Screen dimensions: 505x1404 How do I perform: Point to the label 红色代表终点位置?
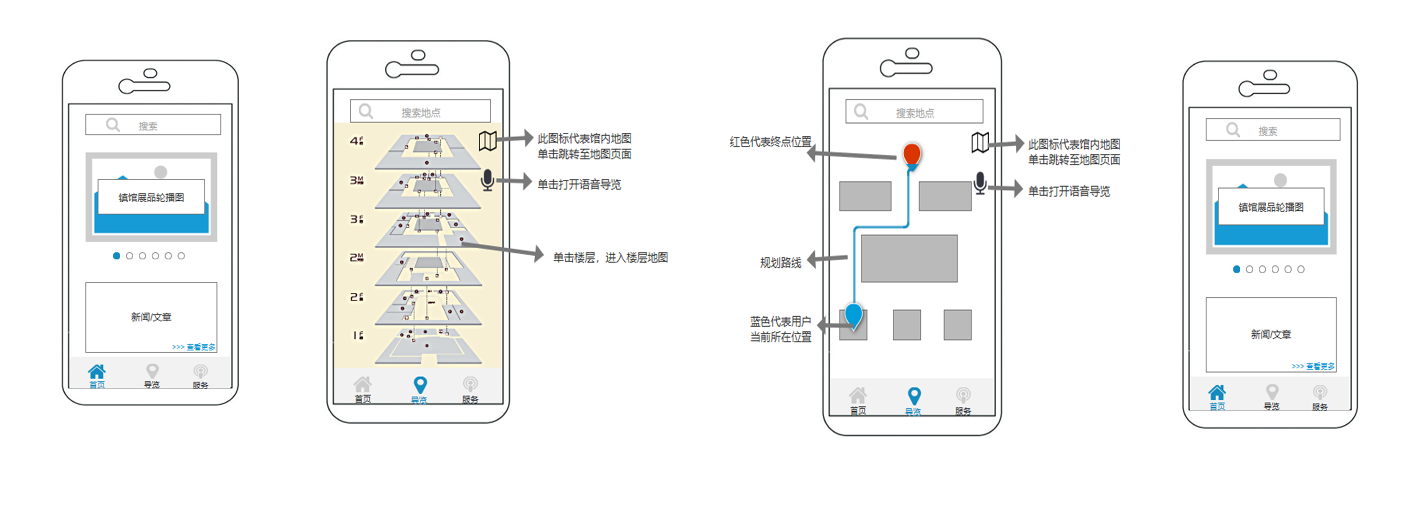tap(770, 142)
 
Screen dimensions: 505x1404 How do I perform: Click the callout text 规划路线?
tap(780, 262)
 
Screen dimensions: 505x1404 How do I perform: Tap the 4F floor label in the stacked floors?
tap(356, 141)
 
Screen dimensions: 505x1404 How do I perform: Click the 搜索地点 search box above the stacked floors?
tap(420, 112)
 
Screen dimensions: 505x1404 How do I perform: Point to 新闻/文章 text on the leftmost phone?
tap(151, 316)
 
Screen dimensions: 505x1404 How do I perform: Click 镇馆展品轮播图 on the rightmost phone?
tap(1270, 207)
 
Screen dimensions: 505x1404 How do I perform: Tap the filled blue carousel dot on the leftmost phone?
tap(116, 256)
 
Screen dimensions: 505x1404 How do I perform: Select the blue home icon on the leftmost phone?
tap(97, 372)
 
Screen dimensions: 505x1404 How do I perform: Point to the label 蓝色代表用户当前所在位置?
tap(780, 329)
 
